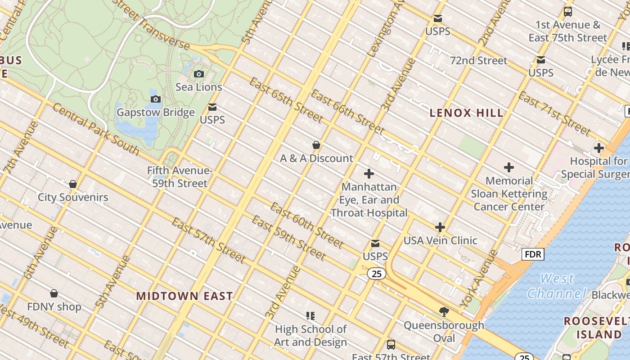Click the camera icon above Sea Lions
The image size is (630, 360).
coord(198,74)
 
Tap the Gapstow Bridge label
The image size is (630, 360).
coord(156,112)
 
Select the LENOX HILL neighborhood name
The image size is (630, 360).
coord(467,113)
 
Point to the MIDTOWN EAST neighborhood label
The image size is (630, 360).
coord(184,296)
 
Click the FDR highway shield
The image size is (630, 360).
coord(533,254)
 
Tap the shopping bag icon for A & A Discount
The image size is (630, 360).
coord(316,145)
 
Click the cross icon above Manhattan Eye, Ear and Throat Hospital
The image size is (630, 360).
coord(369,174)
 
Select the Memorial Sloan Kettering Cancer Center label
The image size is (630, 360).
coord(509,194)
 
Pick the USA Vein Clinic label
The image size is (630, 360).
coord(440,240)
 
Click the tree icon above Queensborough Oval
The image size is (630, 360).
coord(444,312)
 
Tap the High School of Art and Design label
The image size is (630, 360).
coord(310,336)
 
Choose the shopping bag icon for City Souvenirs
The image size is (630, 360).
coord(73,184)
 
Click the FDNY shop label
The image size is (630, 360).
coord(54,307)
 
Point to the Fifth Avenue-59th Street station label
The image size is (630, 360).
coord(180,177)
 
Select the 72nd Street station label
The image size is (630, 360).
coord(478,60)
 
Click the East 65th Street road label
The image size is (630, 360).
coord(286,100)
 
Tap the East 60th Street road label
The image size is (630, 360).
coord(307,225)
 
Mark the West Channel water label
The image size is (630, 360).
coord(557,286)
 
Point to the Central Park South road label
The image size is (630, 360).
coord(95,129)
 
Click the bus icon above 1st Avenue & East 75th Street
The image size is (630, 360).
coord(568,12)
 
